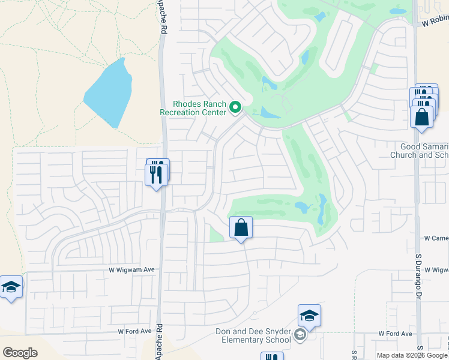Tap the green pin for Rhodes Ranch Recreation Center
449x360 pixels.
(235, 109)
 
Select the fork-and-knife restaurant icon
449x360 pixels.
(157, 174)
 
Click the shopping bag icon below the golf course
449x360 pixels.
(241, 228)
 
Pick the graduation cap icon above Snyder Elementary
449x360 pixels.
(309, 316)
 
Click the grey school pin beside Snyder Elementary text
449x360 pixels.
(301, 336)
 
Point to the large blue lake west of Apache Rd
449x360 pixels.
(109, 93)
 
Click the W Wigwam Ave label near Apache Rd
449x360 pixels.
(131, 270)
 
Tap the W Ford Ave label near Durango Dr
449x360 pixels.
(395, 334)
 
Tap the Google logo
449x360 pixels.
(20, 353)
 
